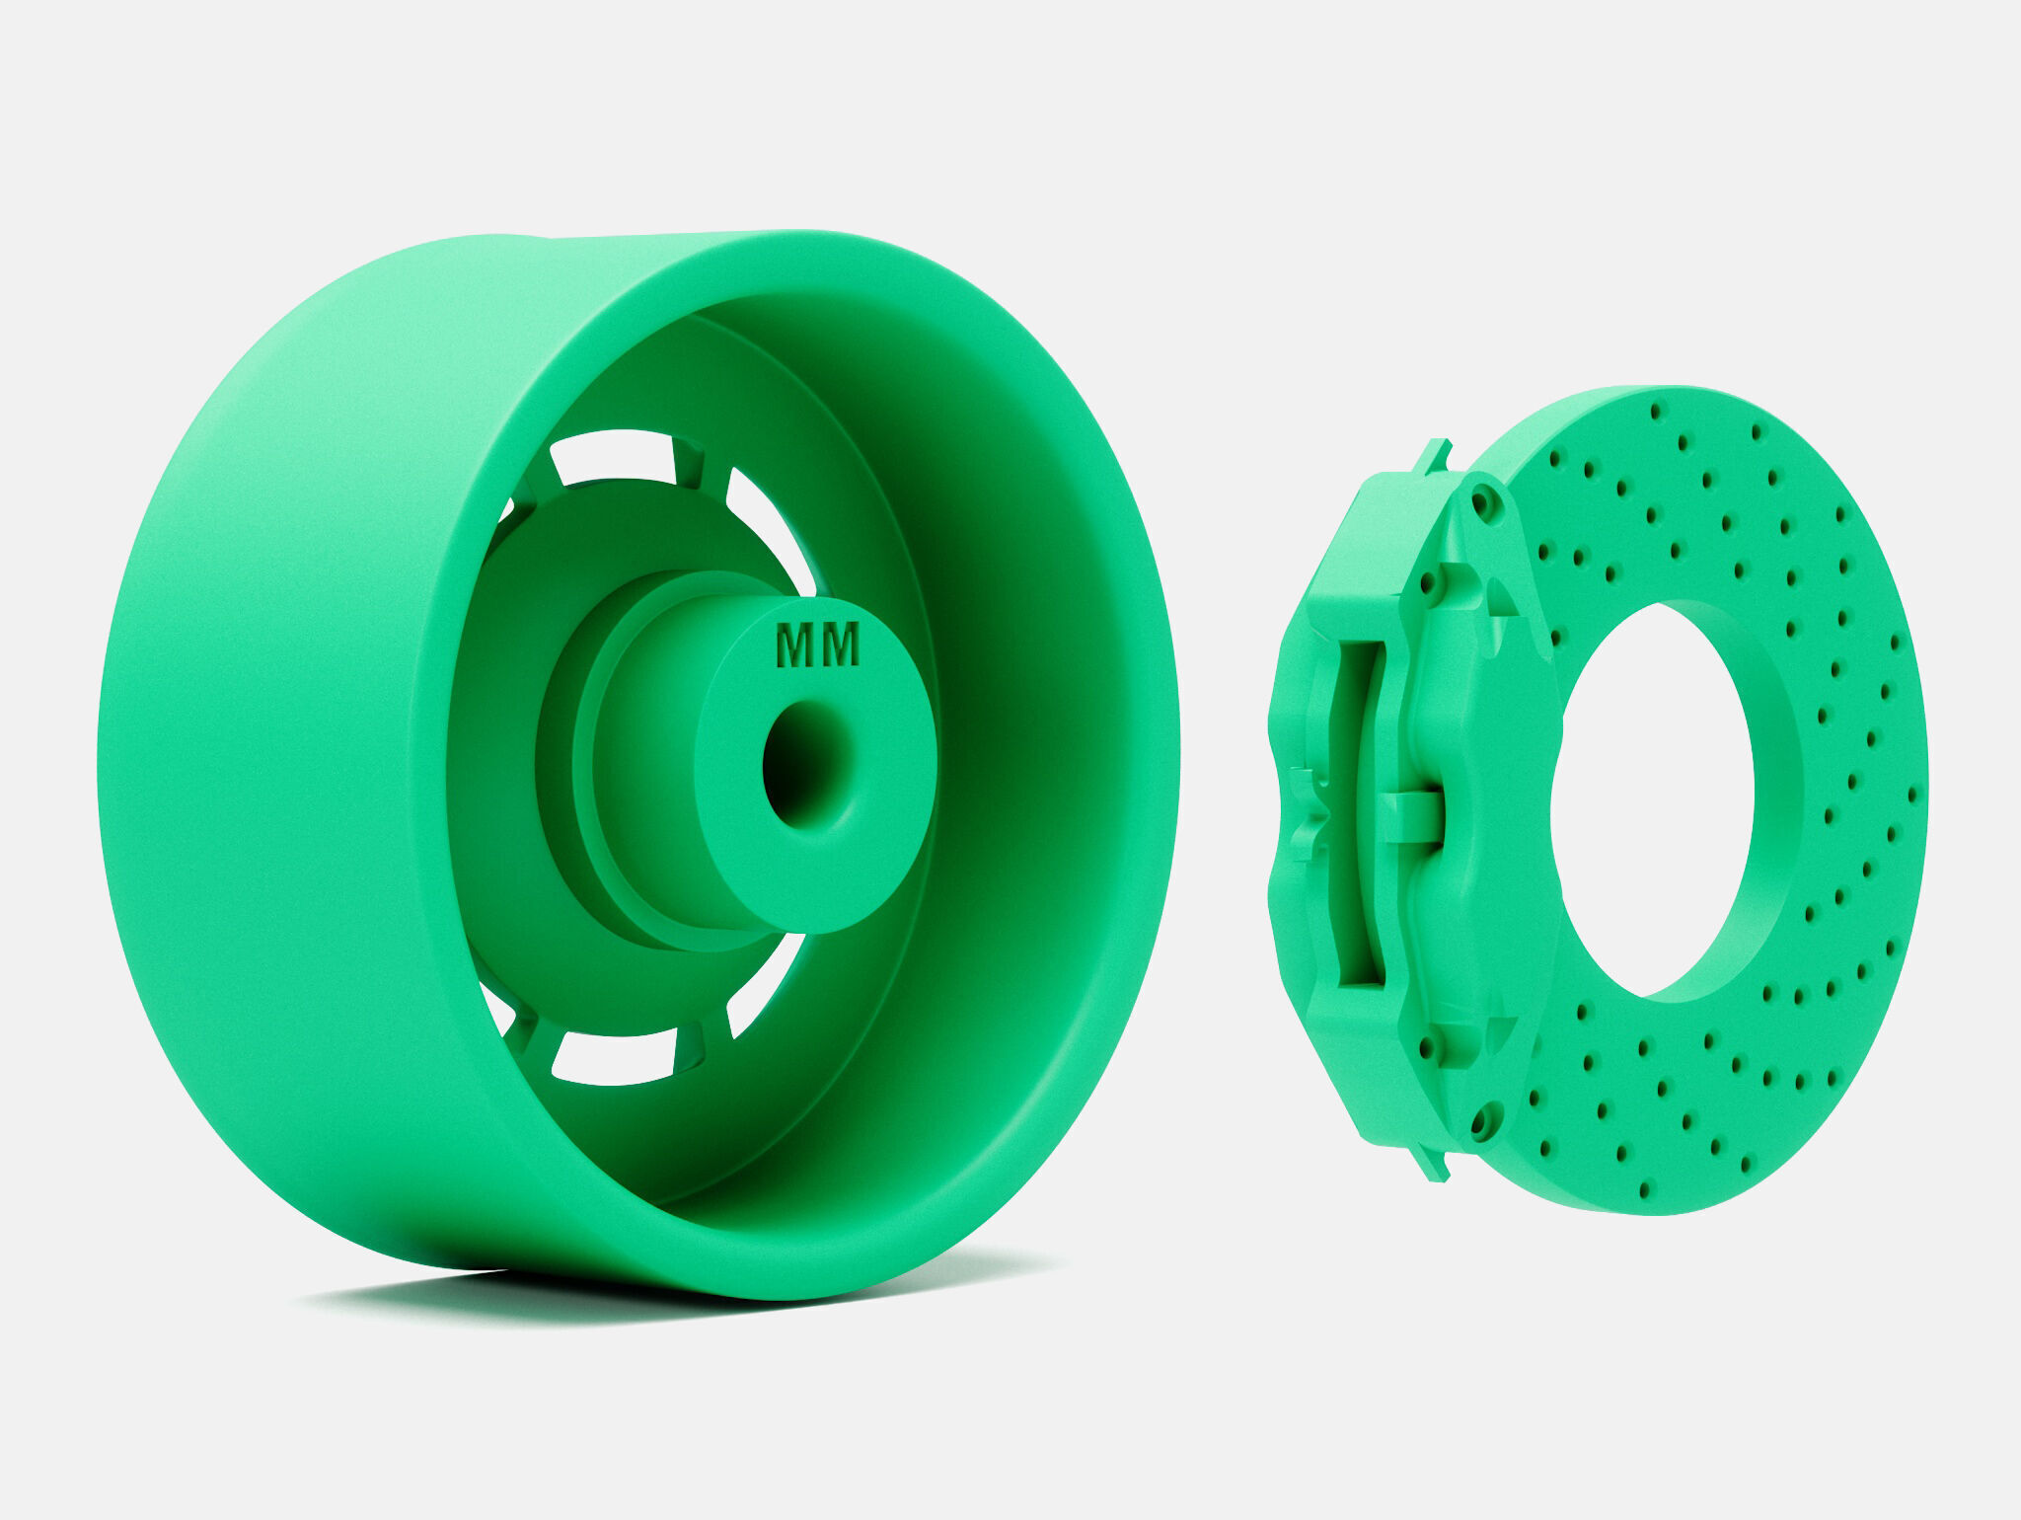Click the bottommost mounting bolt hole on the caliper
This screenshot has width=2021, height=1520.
pyautogui.click(x=1477, y=1121)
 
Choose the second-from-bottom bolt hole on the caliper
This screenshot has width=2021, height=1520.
pyautogui.click(x=1427, y=1046)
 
